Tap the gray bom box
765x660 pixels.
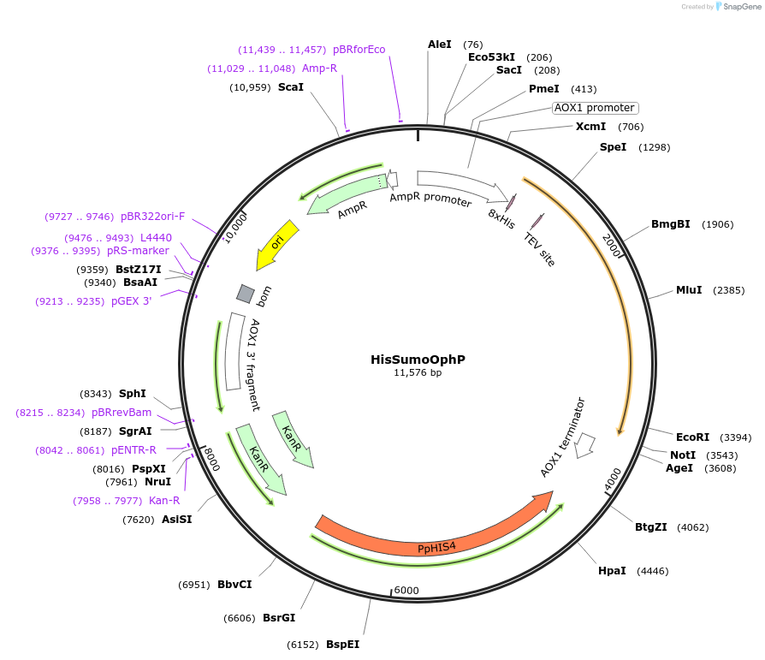click(246, 294)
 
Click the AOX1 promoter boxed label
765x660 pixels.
click(595, 108)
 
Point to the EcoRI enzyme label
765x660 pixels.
click(692, 437)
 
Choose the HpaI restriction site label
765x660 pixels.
click(612, 570)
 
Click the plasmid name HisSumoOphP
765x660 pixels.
click(418, 360)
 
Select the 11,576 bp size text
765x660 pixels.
click(418, 372)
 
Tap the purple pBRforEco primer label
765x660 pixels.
click(359, 50)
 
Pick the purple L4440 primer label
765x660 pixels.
click(156, 237)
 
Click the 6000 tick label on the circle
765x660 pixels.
click(406, 591)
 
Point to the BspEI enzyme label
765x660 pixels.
click(342, 644)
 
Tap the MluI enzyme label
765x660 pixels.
click(689, 289)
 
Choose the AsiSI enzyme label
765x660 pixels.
click(176, 519)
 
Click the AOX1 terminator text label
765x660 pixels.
click(563, 437)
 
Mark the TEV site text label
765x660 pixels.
click(539, 247)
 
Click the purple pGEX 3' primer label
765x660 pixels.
click(131, 301)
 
